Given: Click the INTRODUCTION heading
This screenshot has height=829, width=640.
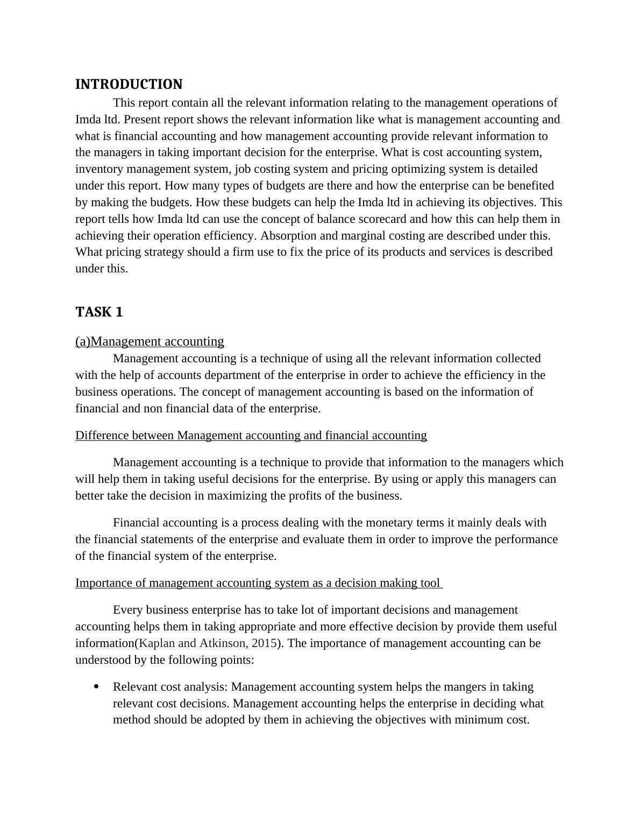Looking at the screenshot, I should pos(129,85).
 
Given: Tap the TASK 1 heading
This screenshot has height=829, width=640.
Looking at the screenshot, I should pos(99,312).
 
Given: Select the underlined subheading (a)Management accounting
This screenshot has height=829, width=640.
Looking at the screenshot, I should pos(150,341).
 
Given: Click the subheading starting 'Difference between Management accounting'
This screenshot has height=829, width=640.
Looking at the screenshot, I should pos(251,435).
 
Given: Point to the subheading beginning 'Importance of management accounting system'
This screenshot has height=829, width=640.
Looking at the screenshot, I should pos(258,582).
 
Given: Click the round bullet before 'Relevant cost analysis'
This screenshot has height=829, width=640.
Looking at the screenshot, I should pos(96,686).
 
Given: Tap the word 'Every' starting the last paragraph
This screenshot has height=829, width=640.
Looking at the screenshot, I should pos(127,610).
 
